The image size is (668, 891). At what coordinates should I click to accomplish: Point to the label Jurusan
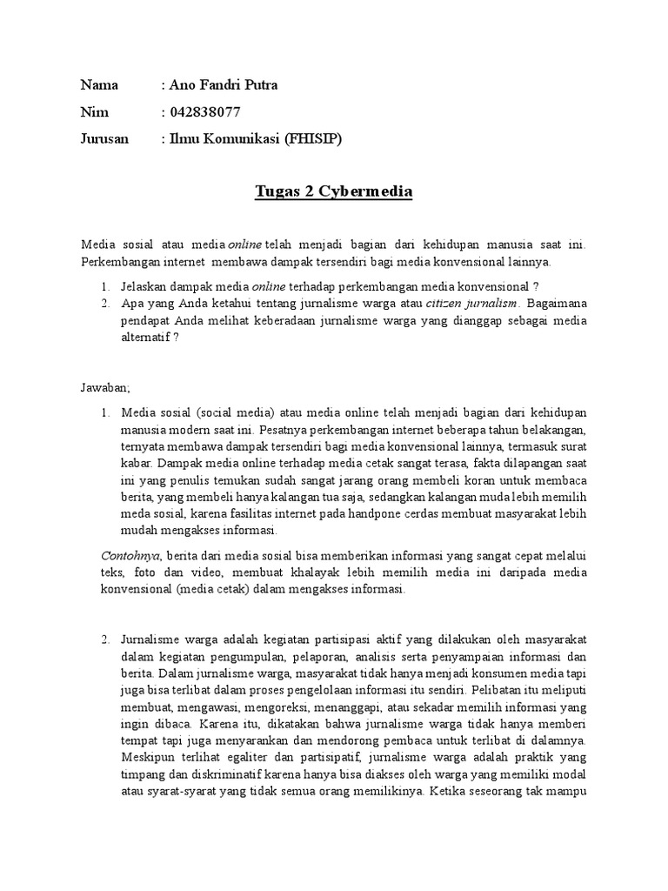[x=104, y=138]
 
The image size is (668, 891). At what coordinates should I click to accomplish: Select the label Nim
[x=93, y=112]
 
